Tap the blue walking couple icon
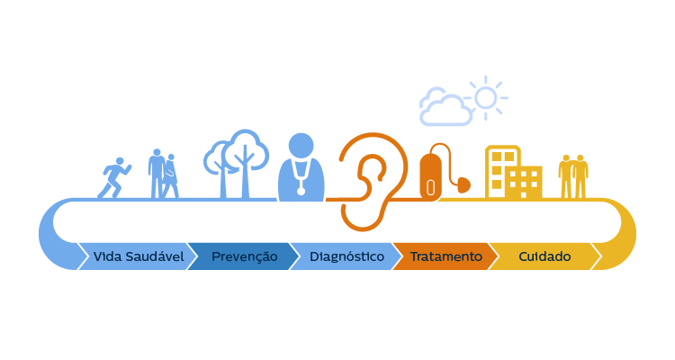pos(163,174)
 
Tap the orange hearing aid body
pos(431,175)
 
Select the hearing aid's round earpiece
pos(463,185)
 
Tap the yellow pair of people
pos(572,175)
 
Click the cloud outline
pos(445,108)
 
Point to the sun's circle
pos(486,96)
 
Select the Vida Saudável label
pos(139,256)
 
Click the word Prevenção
pos(244,256)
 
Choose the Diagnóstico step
pos(346,256)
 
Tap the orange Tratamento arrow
pos(445,256)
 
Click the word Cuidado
pos(544,256)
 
